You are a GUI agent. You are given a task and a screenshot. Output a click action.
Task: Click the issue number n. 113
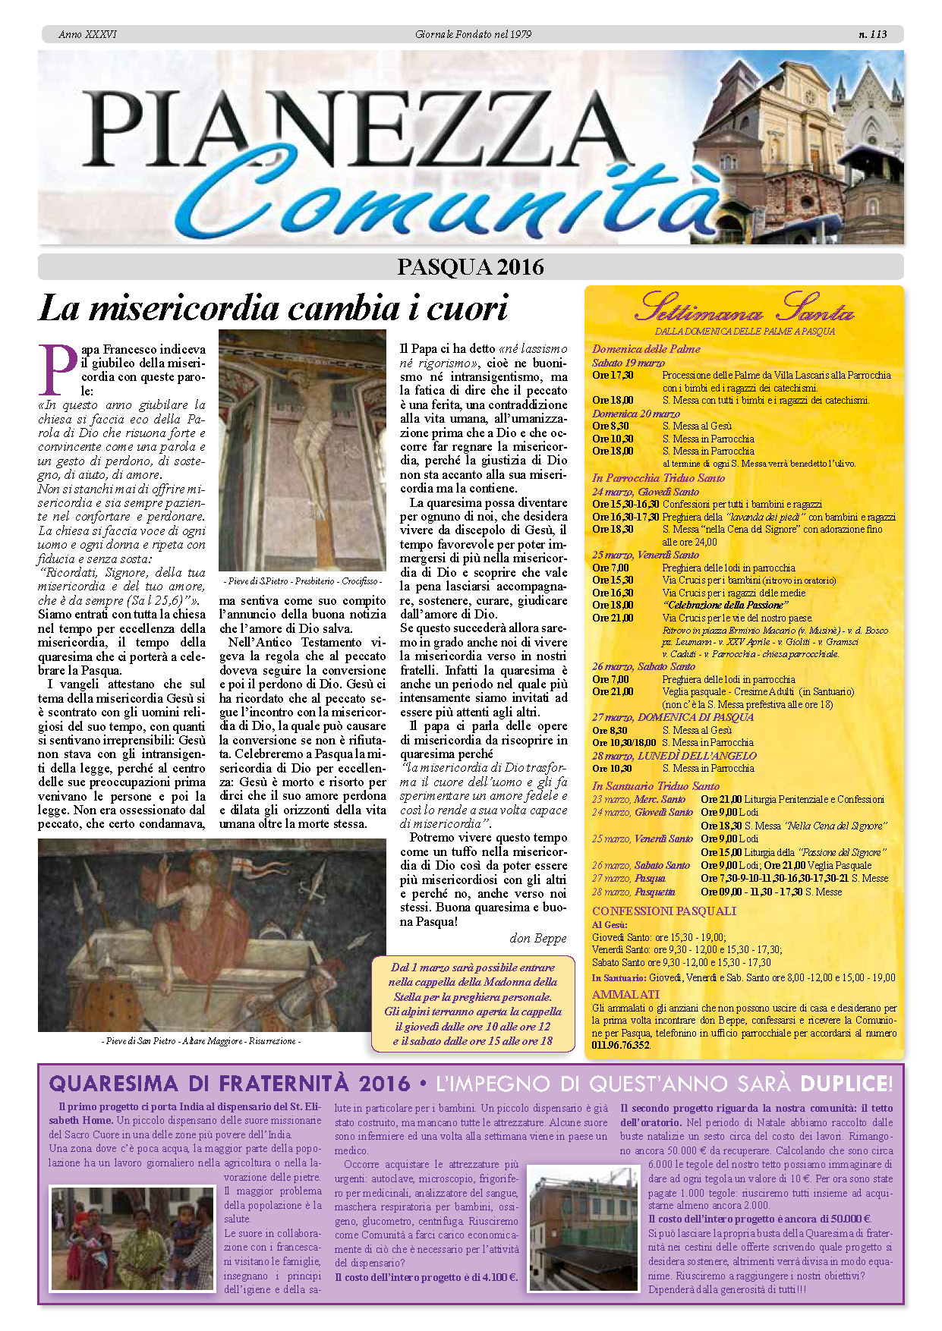872,34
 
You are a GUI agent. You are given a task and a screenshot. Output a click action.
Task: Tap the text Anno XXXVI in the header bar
87,34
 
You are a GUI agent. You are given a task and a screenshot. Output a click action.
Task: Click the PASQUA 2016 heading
470,267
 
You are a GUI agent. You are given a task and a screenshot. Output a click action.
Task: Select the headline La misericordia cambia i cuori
273,309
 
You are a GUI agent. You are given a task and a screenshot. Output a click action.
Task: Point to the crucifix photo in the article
302,450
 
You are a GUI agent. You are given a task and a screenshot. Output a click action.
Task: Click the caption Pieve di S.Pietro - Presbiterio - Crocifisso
303,581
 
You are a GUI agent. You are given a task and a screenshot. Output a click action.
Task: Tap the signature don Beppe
537,938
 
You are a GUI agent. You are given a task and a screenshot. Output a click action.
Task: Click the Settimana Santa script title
744,308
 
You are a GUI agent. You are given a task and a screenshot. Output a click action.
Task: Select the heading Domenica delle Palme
646,349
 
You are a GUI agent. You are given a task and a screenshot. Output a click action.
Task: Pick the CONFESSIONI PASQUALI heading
664,911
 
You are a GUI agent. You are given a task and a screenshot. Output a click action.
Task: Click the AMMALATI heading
625,994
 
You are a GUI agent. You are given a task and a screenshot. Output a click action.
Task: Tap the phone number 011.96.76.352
621,1045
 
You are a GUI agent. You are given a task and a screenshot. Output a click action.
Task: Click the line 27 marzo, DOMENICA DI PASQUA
673,717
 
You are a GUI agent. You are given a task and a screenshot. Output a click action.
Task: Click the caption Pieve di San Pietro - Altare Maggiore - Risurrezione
200,1041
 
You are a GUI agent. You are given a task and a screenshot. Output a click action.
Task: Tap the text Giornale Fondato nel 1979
473,34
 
